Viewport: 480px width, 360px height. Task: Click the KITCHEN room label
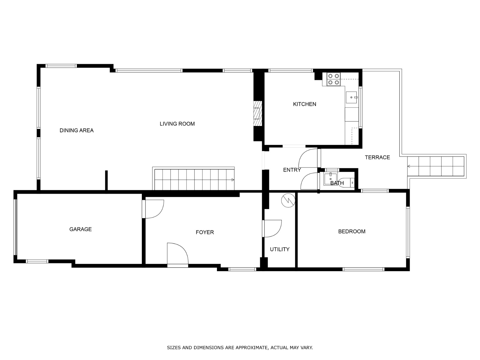pyautogui.click(x=304, y=104)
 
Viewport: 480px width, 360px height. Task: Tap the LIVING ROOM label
pyautogui.click(x=177, y=124)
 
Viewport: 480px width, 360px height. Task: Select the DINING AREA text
pyautogui.click(x=76, y=130)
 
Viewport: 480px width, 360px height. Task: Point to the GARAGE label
pyautogui.click(x=80, y=229)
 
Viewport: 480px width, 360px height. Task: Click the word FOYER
pyautogui.click(x=205, y=232)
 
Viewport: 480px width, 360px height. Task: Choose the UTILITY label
pyautogui.click(x=280, y=249)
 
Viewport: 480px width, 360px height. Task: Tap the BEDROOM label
pyautogui.click(x=352, y=231)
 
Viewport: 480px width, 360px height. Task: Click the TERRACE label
pyautogui.click(x=377, y=157)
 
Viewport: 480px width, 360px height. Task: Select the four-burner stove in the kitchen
pyautogui.click(x=333, y=79)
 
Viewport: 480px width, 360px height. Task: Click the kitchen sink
pyautogui.click(x=351, y=97)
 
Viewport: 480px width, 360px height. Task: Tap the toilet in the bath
pyautogui.click(x=349, y=182)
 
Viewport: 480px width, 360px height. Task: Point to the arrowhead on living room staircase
pyautogui.click(x=232, y=180)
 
